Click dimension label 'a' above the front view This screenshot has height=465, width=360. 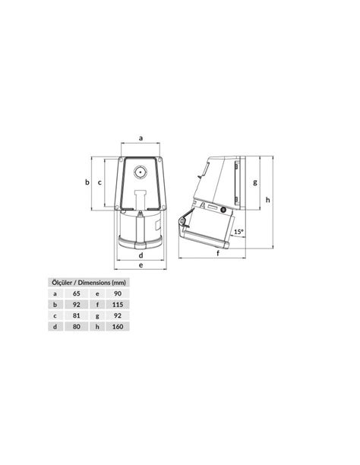point(141,138)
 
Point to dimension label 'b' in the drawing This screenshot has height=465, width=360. point(87,182)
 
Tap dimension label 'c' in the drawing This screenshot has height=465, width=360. point(101,182)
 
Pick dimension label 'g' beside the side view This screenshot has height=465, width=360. point(255,182)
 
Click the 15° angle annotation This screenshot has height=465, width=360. point(238,232)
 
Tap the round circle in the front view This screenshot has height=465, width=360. point(141,172)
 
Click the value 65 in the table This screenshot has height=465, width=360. point(75,293)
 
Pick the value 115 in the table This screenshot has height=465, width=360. point(116,304)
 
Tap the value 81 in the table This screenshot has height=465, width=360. point(75,315)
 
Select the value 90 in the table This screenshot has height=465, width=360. point(116,293)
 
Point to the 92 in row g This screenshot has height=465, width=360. point(116,315)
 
